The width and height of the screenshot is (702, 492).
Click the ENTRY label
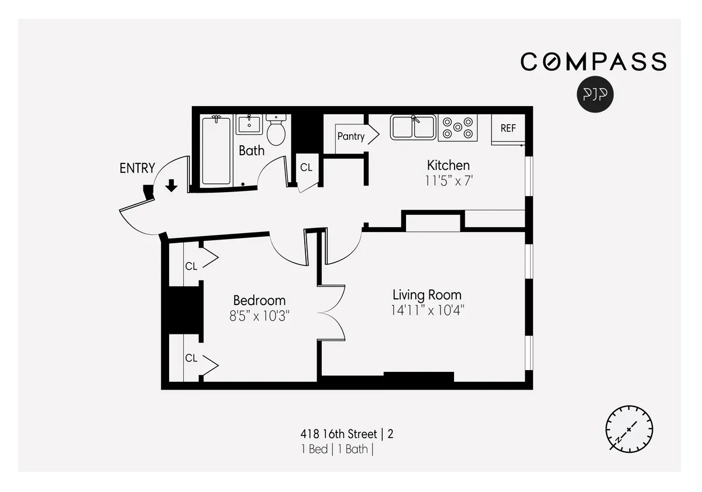(137, 169)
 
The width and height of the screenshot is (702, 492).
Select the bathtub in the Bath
(216, 151)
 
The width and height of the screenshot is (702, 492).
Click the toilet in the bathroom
(276, 131)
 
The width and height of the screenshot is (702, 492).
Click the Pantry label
(351, 136)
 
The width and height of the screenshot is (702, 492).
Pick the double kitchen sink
(413, 127)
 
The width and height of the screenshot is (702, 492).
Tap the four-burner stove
(457, 128)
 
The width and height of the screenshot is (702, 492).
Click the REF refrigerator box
(508, 128)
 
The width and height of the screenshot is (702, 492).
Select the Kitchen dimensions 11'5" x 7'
(448, 181)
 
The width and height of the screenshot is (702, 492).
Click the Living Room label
(426, 295)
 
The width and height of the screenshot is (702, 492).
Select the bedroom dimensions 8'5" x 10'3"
(259, 316)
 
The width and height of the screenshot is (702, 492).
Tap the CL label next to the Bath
(306, 168)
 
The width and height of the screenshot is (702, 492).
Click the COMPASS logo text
(593, 61)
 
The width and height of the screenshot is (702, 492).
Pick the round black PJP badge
(596, 94)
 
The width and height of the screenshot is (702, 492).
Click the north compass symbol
(629, 429)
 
